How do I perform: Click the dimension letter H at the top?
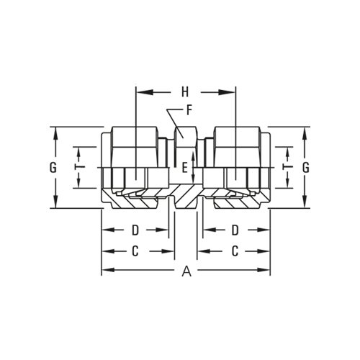[185, 92]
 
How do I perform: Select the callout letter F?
[189, 111]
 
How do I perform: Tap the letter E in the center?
[184, 168]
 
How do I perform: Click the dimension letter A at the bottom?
[186, 271]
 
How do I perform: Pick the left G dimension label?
[53, 168]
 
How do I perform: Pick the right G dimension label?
[305, 168]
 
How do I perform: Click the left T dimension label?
[81, 166]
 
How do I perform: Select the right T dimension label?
[287, 166]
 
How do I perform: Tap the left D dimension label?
[135, 230]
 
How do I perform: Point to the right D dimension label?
[235, 230]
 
